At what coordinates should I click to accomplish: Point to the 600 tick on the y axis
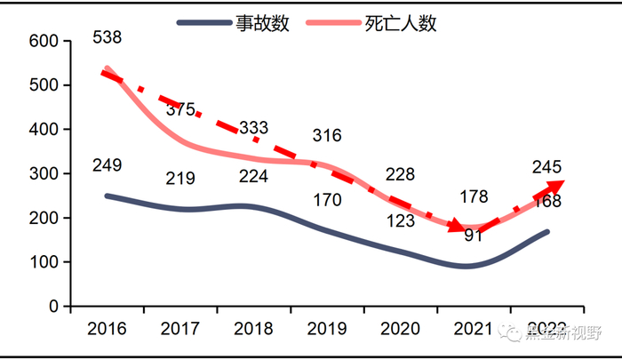(43, 41)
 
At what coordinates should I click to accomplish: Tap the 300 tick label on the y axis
(43, 173)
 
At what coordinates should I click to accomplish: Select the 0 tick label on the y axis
(53, 306)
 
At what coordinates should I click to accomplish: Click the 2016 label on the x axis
(107, 329)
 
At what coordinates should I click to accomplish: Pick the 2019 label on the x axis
(327, 329)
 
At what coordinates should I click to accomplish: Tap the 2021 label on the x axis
(474, 329)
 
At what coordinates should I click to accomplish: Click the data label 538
(107, 37)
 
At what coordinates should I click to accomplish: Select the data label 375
(180, 109)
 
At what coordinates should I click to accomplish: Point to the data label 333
(253, 127)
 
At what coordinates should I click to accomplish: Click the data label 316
(327, 135)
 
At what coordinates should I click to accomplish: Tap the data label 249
(107, 164)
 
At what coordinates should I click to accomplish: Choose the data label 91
(474, 236)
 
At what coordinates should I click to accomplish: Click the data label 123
(400, 220)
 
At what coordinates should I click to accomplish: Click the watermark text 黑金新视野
(562, 333)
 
